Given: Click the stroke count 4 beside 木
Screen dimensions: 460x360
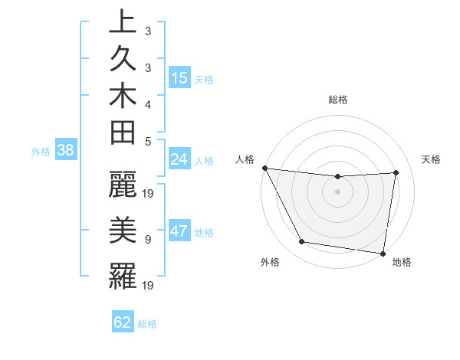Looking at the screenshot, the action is tap(148, 103).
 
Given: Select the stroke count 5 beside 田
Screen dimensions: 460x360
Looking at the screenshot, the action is tap(148, 141).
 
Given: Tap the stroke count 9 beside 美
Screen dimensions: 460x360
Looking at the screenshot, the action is tap(148, 240).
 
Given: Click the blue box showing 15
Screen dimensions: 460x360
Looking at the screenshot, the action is tap(179, 78).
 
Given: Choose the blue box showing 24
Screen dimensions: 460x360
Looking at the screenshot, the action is tap(179, 159).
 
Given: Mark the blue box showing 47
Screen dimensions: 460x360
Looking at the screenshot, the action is tap(179, 232).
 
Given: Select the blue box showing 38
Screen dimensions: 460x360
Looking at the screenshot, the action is tap(66, 151).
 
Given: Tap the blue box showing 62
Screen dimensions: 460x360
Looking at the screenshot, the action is tap(123, 322).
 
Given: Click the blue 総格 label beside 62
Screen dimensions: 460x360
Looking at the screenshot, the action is tap(147, 324).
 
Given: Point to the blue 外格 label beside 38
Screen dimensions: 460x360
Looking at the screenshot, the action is tap(41, 152).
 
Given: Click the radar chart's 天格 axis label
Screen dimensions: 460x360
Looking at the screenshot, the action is tap(432, 159).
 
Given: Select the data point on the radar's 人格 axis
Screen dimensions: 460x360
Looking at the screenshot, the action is tap(264, 168).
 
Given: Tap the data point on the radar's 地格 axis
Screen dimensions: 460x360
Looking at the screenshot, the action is tap(383, 253).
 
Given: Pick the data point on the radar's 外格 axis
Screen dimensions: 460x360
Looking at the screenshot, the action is tap(301, 242).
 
